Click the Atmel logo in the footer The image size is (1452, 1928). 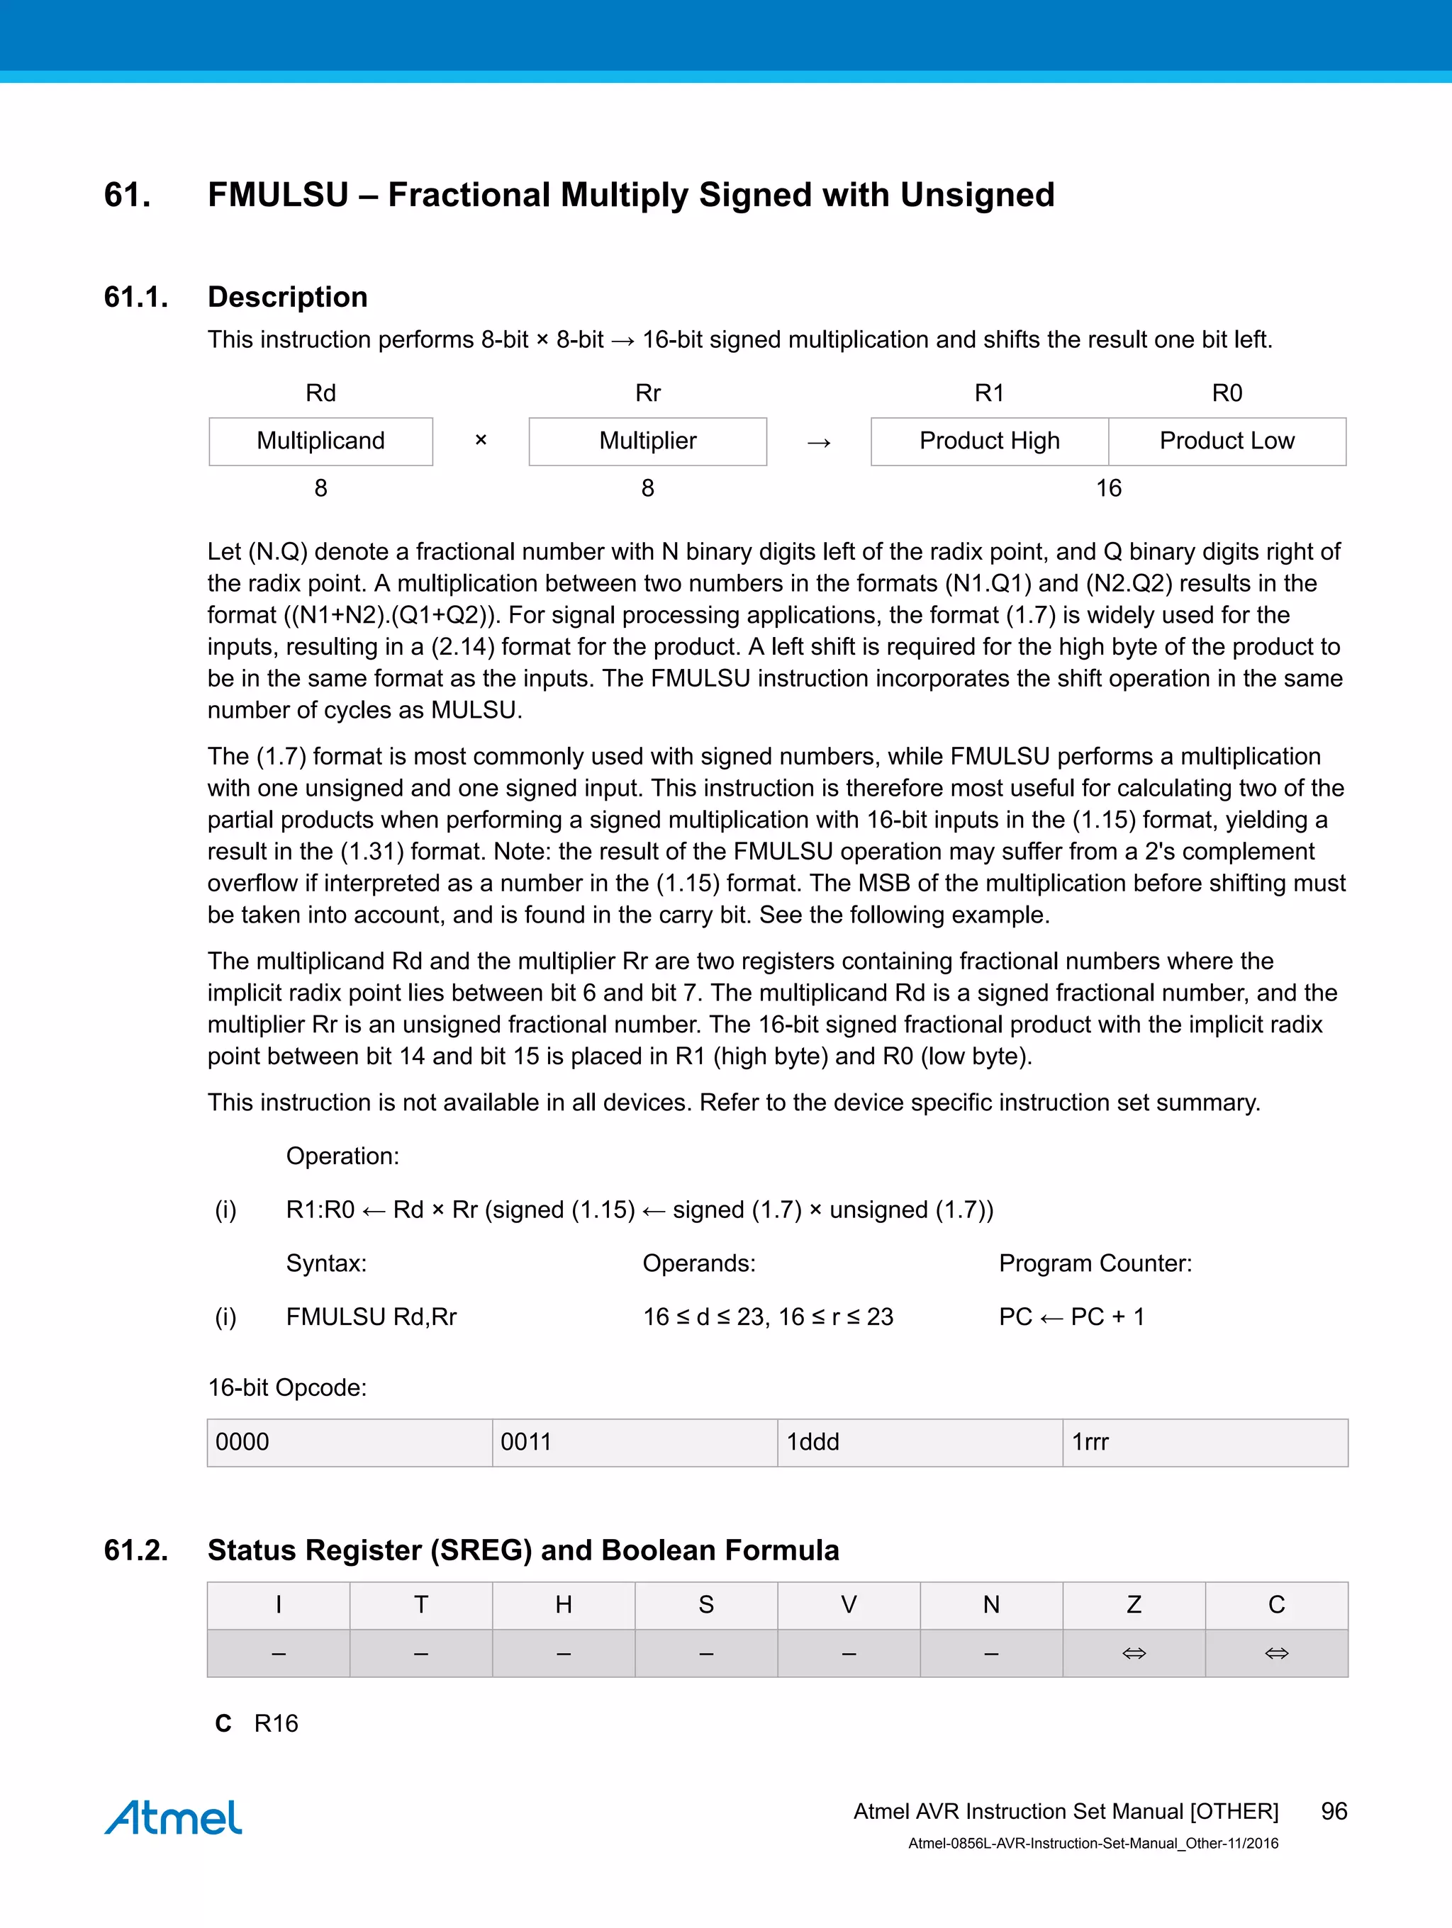pyautogui.click(x=174, y=1817)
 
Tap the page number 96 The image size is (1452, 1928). pyautogui.click(x=1334, y=1811)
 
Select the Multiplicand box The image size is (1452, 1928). pyautogui.click(x=321, y=441)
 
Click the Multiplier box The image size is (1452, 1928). pyautogui.click(x=647, y=441)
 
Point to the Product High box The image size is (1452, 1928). pyautogui.click(x=989, y=441)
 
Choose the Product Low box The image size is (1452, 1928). pyautogui.click(x=1227, y=441)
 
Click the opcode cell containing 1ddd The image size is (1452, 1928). pyautogui.click(x=919, y=1443)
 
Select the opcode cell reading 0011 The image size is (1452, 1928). pyautogui.click(x=634, y=1443)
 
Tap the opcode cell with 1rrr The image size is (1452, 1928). pyautogui.click(x=1205, y=1443)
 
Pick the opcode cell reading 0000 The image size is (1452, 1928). pyautogui.click(x=349, y=1443)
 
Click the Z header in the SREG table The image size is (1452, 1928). pyautogui.click(x=1134, y=1605)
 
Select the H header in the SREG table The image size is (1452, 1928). pyautogui.click(x=564, y=1605)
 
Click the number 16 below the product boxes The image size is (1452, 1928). pyautogui.click(x=1108, y=488)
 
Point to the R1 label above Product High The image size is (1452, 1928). pyautogui.click(x=989, y=393)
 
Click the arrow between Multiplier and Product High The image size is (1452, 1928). pyautogui.click(x=818, y=443)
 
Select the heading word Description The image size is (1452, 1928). pyautogui.click(x=287, y=297)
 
